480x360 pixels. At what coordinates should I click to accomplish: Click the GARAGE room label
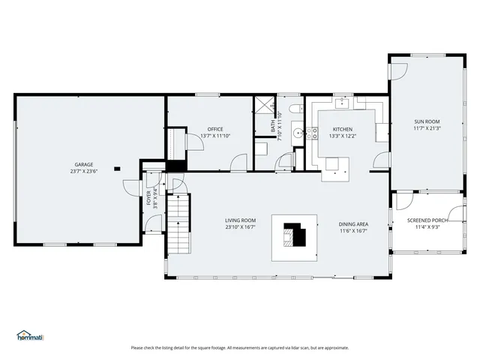pyautogui.click(x=83, y=164)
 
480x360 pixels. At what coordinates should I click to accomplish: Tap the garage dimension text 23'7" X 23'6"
pyautogui.click(x=83, y=172)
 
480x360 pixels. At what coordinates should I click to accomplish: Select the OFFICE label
pyautogui.click(x=216, y=129)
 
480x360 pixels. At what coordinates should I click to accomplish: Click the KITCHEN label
pyautogui.click(x=342, y=129)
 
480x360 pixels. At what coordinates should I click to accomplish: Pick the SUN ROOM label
pyautogui.click(x=427, y=121)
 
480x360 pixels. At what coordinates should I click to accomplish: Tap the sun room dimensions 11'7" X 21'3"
pyautogui.click(x=427, y=129)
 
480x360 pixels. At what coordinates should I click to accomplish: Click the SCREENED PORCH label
pyautogui.click(x=427, y=220)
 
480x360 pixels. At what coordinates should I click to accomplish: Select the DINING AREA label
pyautogui.click(x=352, y=223)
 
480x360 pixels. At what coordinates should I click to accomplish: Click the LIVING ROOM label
pyautogui.click(x=241, y=220)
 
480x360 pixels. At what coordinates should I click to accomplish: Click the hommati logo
pyautogui.click(x=30, y=336)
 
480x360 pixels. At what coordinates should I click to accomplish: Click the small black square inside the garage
pyautogui.click(x=116, y=169)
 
